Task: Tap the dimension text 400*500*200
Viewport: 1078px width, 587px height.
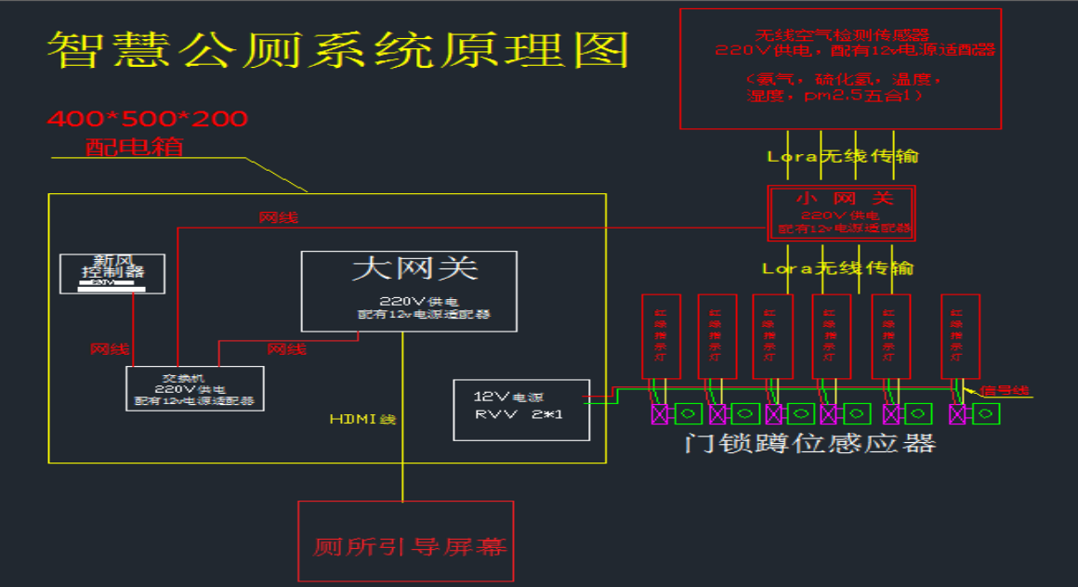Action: tap(148, 119)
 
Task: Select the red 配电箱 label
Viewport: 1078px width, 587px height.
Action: tap(135, 147)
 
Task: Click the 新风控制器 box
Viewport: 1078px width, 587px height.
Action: tap(112, 273)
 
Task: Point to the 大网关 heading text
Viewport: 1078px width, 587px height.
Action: tap(414, 269)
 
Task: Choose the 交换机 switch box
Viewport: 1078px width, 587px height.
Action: tap(195, 388)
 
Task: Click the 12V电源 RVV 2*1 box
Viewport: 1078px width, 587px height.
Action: tap(521, 410)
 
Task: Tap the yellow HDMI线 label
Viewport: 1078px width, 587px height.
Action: tap(362, 420)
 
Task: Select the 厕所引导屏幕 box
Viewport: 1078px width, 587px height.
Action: tap(405, 543)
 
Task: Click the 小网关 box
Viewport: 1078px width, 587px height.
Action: tap(842, 213)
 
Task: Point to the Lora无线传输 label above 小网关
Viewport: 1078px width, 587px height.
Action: tap(842, 157)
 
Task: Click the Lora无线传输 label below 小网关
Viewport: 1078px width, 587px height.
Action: tap(837, 268)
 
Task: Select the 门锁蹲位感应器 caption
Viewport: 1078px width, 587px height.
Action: tap(808, 442)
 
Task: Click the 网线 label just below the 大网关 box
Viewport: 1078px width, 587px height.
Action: tap(286, 349)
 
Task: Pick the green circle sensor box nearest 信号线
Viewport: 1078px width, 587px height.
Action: tap(985, 414)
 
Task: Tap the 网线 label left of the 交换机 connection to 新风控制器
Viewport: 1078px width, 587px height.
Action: tap(110, 349)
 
